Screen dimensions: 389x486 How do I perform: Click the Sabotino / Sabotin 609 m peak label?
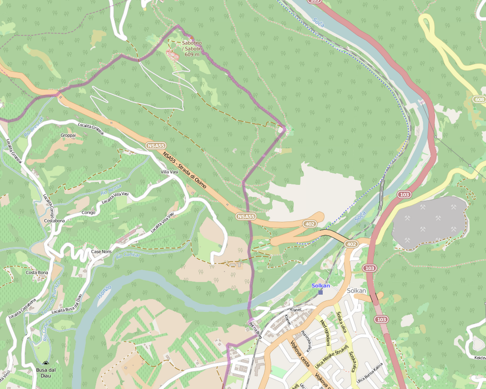tap(192, 48)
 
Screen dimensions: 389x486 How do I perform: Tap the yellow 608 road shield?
tap(479, 99)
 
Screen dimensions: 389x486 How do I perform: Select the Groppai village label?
tap(68, 135)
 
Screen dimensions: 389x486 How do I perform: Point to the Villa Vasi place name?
tap(169, 172)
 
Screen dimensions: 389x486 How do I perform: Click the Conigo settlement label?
tap(89, 213)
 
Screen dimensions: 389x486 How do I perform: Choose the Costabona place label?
tap(55, 220)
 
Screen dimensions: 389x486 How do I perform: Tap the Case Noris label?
tap(101, 252)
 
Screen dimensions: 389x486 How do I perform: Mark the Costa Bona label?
tap(37, 272)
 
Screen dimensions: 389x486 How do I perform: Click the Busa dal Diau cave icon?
tap(46, 364)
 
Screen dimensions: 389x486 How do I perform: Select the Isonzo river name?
tap(104, 295)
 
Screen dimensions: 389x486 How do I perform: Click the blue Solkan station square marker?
tap(320, 292)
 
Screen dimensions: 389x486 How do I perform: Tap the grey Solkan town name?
tap(357, 290)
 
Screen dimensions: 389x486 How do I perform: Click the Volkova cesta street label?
tap(300, 354)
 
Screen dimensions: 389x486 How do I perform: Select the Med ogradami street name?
tap(326, 332)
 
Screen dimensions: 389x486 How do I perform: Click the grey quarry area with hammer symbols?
tap(430, 222)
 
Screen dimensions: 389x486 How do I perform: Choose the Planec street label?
tap(296, 309)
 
